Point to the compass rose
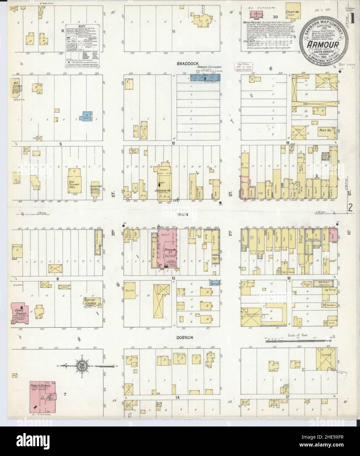pyautogui.click(x=83, y=365)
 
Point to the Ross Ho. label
pyautogui.click(x=325, y=130)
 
